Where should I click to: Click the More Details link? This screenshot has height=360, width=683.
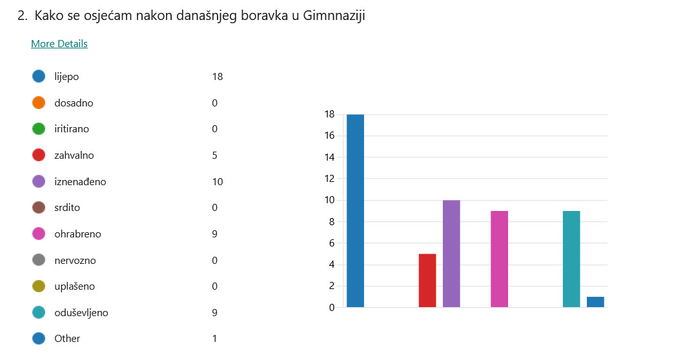(x=59, y=44)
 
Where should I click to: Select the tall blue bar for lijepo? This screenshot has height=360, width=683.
(x=355, y=211)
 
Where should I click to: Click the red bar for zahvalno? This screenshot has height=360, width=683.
(x=427, y=281)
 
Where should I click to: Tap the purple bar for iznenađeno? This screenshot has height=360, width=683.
(x=451, y=254)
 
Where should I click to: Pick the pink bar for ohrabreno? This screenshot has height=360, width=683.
(x=499, y=259)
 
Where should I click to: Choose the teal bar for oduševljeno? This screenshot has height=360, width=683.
(x=571, y=259)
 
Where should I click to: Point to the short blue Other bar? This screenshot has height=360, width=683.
(x=595, y=302)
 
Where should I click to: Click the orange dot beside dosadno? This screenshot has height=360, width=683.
(x=39, y=103)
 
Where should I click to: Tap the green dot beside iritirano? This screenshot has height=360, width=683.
(x=39, y=129)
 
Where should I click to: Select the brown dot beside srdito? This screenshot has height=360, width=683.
(x=39, y=208)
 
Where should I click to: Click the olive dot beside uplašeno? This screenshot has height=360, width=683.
(x=39, y=286)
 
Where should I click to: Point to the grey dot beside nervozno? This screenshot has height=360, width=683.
(x=39, y=260)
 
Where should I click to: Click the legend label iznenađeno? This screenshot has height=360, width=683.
(x=80, y=182)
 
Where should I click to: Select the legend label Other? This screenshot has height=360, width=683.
(x=67, y=339)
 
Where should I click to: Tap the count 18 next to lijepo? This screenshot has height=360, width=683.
(x=217, y=77)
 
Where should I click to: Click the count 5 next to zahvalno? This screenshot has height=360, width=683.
(x=214, y=155)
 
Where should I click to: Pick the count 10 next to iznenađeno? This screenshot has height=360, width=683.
(x=217, y=182)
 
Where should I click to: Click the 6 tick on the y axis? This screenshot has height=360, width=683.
(x=331, y=243)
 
